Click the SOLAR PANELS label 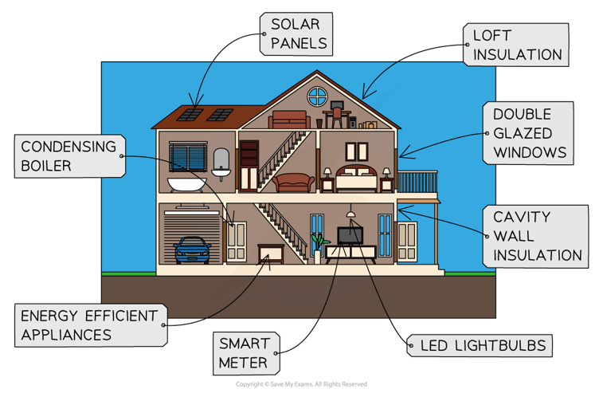click(296, 33)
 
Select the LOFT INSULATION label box click(516, 45)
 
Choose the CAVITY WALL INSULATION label click(531, 235)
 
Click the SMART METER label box click(246, 354)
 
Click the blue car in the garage click(192, 250)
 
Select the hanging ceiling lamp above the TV click(350, 214)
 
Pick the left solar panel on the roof click(190, 114)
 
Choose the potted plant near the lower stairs click(319, 242)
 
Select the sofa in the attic click(288, 120)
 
